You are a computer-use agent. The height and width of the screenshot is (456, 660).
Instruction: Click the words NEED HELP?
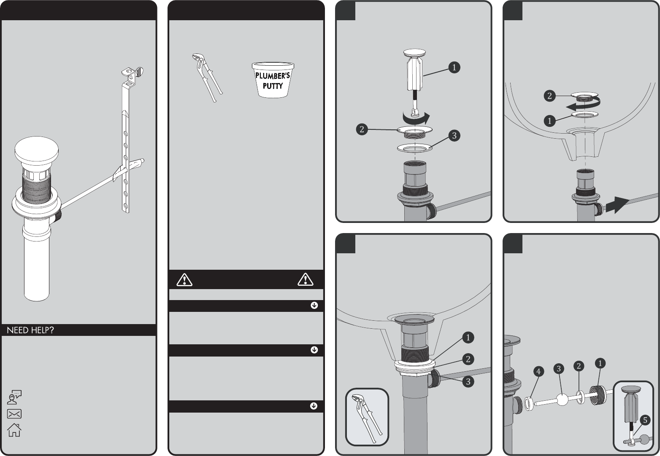click(x=30, y=330)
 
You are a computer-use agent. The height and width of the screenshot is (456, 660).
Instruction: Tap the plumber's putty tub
click(x=273, y=80)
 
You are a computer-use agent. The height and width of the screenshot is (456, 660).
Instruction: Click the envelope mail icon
click(x=14, y=414)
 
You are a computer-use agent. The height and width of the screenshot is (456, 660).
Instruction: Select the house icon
click(x=14, y=430)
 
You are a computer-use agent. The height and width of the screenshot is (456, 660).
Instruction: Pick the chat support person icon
click(x=14, y=397)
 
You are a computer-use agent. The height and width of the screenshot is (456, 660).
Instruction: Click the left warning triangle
click(x=184, y=279)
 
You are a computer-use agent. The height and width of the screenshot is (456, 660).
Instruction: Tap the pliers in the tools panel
click(x=207, y=78)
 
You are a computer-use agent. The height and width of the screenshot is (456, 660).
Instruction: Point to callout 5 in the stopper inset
click(x=645, y=420)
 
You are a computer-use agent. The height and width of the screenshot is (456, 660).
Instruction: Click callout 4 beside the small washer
click(x=538, y=372)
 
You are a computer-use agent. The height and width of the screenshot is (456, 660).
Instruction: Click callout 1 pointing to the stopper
click(x=454, y=68)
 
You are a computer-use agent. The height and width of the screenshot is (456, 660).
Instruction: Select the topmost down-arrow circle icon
click(x=314, y=306)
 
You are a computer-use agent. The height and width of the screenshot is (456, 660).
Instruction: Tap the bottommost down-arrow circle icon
click(x=314, y=406)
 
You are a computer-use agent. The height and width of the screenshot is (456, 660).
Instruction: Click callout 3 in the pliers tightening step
click(x=468, y=381)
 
